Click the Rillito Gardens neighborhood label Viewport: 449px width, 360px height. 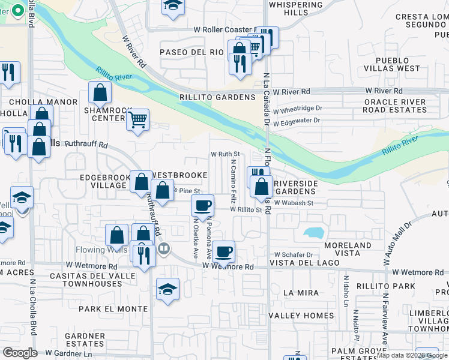[x=217, y=98]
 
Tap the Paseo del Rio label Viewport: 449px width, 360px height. [x=191, y=52]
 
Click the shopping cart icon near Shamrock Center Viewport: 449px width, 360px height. [x=138, y=119]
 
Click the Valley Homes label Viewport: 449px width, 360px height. [x=301, y=316]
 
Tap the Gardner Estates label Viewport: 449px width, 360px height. [x=85, y=340]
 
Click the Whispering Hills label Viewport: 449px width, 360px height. [x=296, y=8]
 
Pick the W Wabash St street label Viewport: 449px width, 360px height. [x=294, y=203]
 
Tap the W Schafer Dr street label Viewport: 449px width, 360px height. [x=294, y=255]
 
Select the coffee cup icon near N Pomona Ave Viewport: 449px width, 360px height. [x=202, y=205]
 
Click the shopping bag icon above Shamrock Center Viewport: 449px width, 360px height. [x=100, y=92]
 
